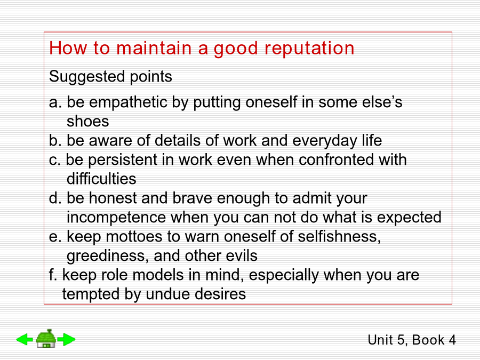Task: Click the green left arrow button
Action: pyautogui.click(x=25, y=339)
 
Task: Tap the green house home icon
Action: pyautogui.click(x=46, y=338)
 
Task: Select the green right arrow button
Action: pyautogui.click(x=67, y=339)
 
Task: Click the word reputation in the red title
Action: pyautogui.click(x=309, y=49)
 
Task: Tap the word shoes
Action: pyautogui.click(x=88, y=121)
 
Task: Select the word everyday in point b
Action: pyautogui.click(x=324, y=141)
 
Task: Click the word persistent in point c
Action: pyautogui.click(x=123, y=160)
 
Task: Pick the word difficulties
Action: pyautogui.click(x=101, y=179)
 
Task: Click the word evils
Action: pyautogui.click(x=242, y=256)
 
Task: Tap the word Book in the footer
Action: pyautogui.click(x=428, y=340)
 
